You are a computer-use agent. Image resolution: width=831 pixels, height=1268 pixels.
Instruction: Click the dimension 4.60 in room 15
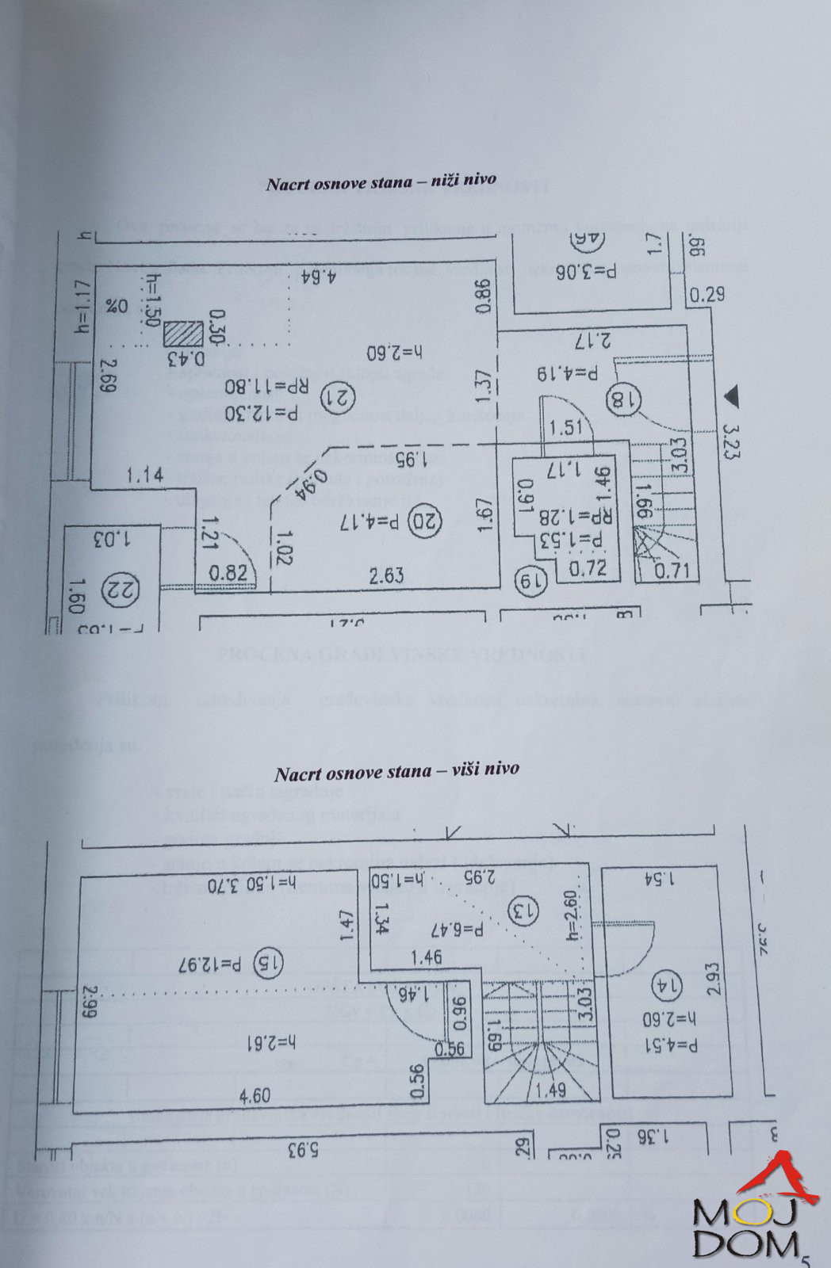coord(255,1096)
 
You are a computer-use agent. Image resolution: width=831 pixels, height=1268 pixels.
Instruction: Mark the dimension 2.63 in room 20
coord(387,575)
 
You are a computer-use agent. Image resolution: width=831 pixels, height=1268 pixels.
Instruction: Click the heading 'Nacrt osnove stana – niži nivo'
coord(381,182)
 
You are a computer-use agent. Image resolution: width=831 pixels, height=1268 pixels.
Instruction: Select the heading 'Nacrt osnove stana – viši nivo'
coord(396,770)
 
